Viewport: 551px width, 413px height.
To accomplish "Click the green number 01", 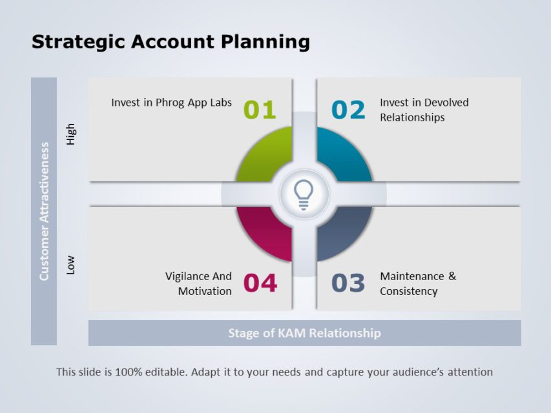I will (260, 110).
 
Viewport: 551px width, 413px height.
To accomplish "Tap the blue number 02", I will (348, 110).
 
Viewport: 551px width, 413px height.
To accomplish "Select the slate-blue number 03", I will (348, 283).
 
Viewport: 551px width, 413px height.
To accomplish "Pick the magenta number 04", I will (260, 283).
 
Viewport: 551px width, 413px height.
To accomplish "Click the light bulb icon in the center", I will (304, 194).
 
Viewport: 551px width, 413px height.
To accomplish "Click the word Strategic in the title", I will (78, 43).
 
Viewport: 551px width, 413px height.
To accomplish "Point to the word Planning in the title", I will (265, 43).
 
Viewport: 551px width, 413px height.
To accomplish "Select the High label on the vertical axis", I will (71, 134).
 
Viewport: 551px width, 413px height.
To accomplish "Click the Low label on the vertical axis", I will (71, 265).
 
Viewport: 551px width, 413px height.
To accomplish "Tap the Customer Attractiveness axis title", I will (44, 211).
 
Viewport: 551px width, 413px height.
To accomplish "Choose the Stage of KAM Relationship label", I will (304, 333).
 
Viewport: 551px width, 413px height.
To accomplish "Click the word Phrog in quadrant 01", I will (171, 103).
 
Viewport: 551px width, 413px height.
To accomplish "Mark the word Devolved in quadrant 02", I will (446, 103).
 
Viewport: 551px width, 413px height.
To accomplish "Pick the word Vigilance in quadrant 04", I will (189, 276).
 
